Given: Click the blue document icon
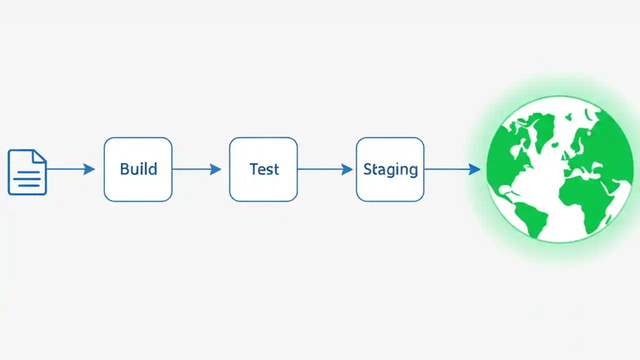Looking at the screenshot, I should (x=27, y=172).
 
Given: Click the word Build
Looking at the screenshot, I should (x=138, y=169).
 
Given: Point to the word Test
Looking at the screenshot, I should (x=264, y=169).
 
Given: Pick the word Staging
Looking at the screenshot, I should (x=390, y=169).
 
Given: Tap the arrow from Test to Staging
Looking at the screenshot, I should (x=322, y=169).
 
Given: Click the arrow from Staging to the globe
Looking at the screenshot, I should (x=447, y=169).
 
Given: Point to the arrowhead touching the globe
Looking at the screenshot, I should (x=474, y=169).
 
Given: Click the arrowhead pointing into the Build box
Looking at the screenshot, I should (x=89, y=169).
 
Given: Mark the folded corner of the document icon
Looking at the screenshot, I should (x=39, y=156).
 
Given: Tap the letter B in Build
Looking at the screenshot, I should (x=124, y=169).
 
